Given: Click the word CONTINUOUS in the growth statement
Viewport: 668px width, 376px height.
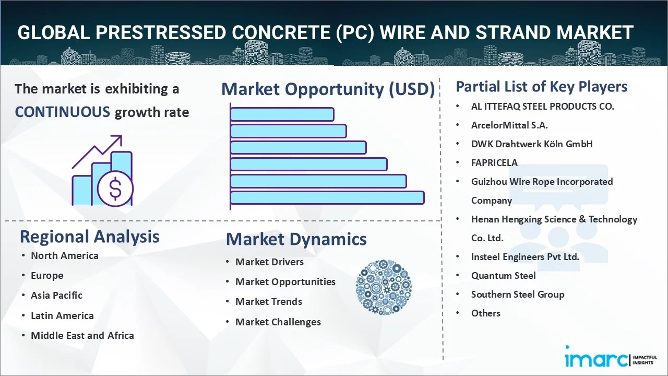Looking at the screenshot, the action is coord(63,112).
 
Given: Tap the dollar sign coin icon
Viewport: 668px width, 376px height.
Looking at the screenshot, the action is coord(115,189).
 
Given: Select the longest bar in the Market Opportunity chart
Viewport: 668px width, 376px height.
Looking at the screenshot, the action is coord(327,198).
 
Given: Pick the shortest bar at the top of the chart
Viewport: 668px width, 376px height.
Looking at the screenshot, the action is coord(282,114).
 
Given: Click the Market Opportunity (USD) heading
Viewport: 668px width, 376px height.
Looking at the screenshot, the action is coord(328,89).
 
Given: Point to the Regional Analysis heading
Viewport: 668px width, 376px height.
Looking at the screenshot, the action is coord(89,237).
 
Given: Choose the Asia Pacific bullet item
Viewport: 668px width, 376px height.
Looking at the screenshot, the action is coord(57,296).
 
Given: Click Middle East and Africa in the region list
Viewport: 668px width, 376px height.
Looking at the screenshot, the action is coord(82,335).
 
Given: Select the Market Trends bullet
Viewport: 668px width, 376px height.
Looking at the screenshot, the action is coord(269,302).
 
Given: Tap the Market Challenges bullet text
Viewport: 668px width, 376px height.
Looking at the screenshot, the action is coord(278,322).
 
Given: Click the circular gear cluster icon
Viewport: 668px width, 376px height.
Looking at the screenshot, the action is coord(384,287).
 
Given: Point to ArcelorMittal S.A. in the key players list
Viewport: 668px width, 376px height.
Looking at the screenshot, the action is coord(509,125).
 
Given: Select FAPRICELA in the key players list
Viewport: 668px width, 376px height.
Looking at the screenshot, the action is coord(494,163).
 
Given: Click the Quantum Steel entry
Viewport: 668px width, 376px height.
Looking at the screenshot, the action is coord(504,276).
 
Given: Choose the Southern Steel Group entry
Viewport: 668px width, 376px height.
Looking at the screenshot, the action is coord(518,295).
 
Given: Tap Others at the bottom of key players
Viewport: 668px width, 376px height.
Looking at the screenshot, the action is coord(486,313).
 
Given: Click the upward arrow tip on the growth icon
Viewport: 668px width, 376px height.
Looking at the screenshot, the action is coord(121,136).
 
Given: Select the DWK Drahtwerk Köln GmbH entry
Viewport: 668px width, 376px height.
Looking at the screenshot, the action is coord(532,144).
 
